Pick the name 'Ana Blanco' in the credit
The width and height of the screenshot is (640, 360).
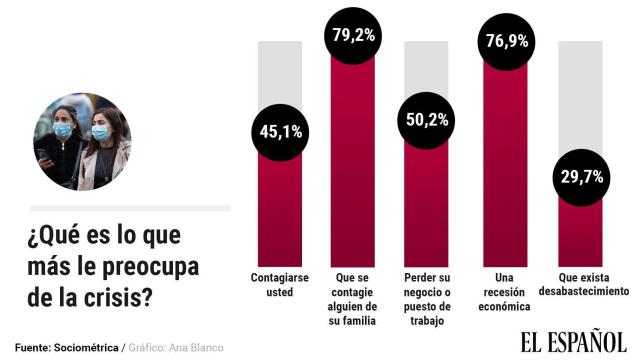pos(199,347)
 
